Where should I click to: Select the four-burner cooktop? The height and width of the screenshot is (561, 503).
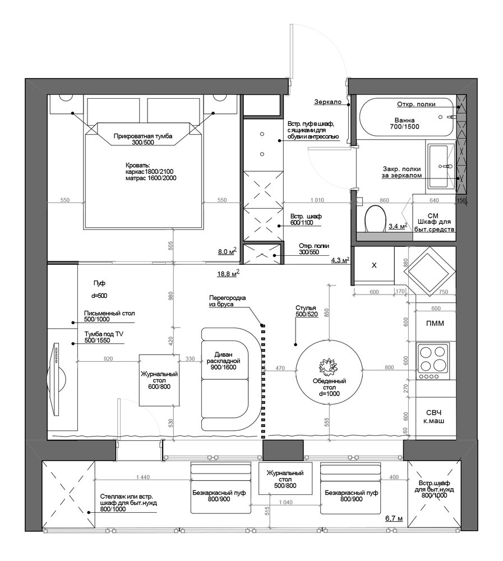pos(433,361)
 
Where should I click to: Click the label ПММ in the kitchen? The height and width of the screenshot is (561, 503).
pos(435,324)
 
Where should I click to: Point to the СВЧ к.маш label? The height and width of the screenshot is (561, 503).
pos(433,416)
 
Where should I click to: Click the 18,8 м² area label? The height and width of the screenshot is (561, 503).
pos(228,274)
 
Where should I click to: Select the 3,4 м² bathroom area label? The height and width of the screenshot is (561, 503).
pos(398,226)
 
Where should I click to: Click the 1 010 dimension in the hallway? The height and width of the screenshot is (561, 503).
pos(317,200)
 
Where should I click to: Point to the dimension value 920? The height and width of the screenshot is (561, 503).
pos(108,358)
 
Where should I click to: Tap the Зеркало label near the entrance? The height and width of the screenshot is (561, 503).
pos(327,102)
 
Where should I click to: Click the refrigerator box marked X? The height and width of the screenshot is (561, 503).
pos(374,265)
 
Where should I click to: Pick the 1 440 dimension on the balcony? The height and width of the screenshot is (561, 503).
pos(143,477)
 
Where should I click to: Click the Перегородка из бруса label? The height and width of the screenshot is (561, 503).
pos(228,301)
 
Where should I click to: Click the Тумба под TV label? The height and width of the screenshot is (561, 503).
pos(104,337)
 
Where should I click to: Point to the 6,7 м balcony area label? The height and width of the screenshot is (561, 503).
pos(394,518)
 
